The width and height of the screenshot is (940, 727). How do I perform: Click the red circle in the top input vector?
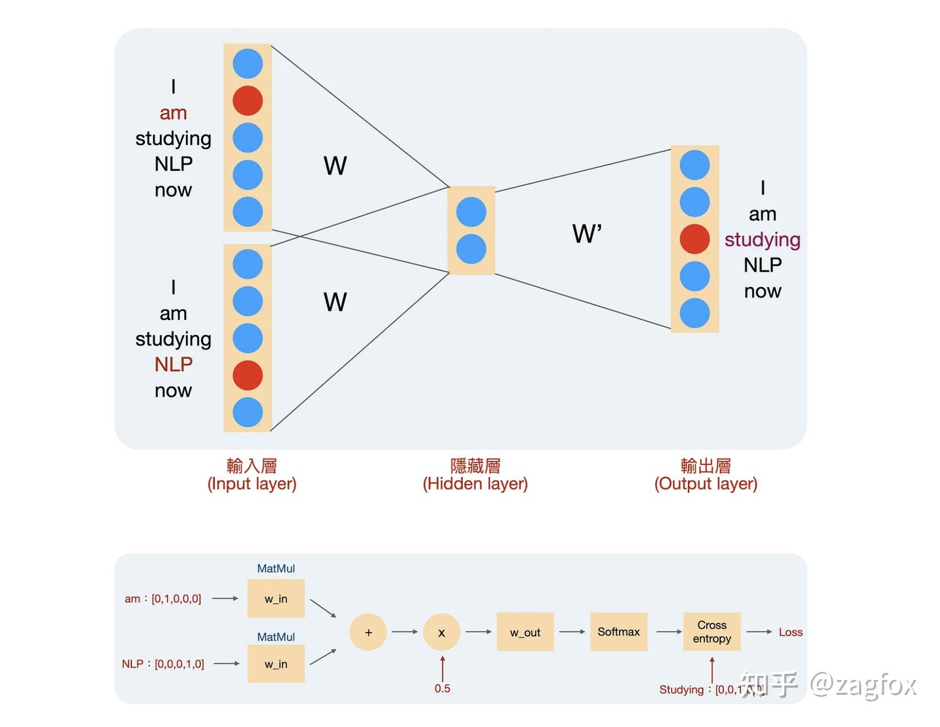(247, 101)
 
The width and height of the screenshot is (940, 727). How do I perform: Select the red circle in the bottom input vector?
(247, 375)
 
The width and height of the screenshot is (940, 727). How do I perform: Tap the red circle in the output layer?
(695, 239)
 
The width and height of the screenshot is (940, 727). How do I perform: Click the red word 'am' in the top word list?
(173, 113)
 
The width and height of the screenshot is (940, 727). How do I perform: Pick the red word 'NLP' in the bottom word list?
(173, 364)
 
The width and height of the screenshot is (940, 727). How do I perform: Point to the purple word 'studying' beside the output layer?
(762, 240)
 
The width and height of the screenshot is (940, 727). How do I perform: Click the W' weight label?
(587, 234)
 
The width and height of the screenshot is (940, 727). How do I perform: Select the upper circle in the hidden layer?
(471, 212)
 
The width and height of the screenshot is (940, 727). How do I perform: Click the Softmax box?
(618, 632)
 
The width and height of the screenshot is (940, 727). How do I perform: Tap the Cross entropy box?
(712, 632)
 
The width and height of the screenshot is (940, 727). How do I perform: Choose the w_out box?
(525, 632)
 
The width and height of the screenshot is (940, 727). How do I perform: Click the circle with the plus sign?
(368, 632)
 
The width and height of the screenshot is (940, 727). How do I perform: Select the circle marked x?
(442, 632)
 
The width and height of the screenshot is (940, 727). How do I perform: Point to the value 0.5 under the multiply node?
(442, 688)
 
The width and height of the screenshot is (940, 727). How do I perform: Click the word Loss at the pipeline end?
(791, 632)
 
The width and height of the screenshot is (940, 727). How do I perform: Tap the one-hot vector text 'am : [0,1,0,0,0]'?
(163, 598)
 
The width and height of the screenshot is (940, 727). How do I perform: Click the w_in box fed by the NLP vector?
(275, 664)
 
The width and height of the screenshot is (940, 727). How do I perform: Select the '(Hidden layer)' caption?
(475, 484)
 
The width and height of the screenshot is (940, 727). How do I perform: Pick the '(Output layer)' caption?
(706, 484)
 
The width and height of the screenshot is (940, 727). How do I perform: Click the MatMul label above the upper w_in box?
(275, 568)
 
